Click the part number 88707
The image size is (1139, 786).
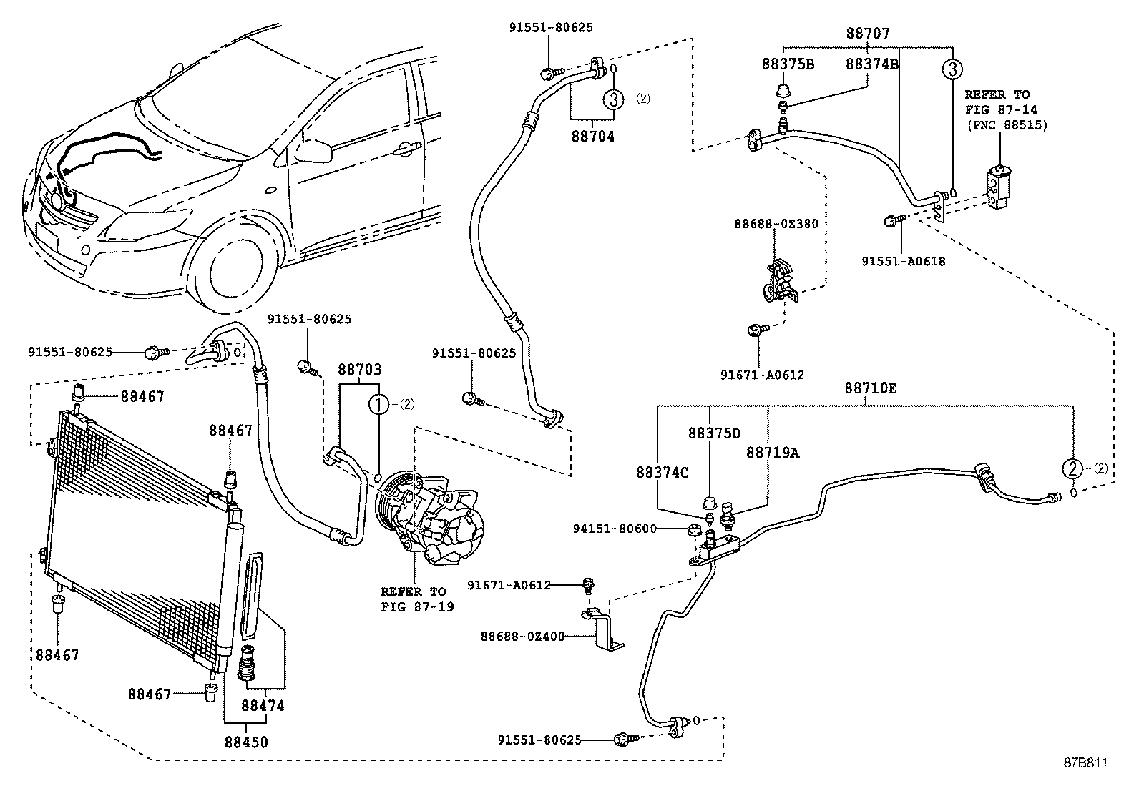click(x=868, y=34)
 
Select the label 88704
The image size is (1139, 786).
click(x=593, y=137)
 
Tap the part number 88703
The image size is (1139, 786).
click(x=359, y=369)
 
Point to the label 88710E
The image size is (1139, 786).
click(x=871, y=388)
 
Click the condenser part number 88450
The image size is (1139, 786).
click(x=246, y=742)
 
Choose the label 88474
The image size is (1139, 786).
click(x=263, y=706)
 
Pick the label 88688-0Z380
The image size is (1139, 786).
click(x=776, y=224)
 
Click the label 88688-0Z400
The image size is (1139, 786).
click(x=523, y=637)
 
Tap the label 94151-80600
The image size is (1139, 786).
click(x=615, y=529)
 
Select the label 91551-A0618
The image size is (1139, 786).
click(x=904, y=261)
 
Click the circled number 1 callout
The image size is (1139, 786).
click(x=378, y=405)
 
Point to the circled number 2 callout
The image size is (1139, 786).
click(x=1073, y=468)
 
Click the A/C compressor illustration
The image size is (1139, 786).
click(x=430, y=518)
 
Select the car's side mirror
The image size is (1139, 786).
click(x=313, y=151)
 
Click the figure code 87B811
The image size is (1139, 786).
click(x=1085, y=763)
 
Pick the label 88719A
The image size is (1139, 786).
click(x=773, y=453)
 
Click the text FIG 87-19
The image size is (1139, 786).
click(x=417, y=607)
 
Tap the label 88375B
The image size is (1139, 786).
click(x=788, y=64)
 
